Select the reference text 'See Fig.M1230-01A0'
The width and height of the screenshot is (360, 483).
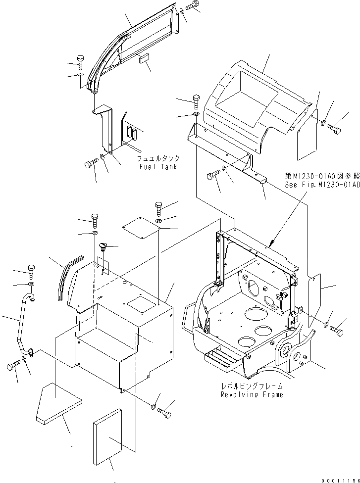pyautogui.click(x=320, y=184)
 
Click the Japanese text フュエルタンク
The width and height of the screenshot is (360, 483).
pyautogui.click(x=158, y=158)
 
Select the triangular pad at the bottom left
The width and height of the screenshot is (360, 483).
pyautogui.click(x=56, y=403)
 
